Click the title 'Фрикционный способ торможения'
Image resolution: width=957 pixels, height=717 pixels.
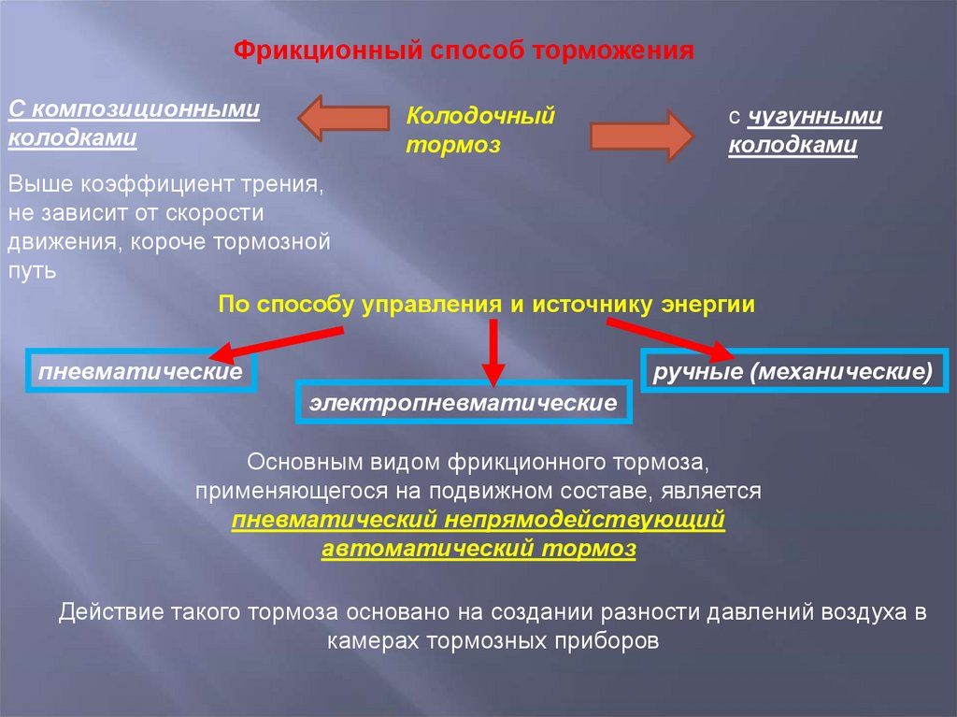click(x=464, y=50)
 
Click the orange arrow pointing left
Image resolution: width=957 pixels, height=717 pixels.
click(x=342, y=118)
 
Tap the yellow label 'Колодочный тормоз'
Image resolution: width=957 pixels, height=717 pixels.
click(x=480, y=130)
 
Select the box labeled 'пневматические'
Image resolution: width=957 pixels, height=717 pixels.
click(x=140, y=372)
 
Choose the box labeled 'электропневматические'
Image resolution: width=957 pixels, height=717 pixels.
click(x=464, y=404)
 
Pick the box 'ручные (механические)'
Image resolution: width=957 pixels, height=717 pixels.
click(x=793, y=371)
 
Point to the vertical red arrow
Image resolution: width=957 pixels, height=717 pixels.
click(x=493, y=351)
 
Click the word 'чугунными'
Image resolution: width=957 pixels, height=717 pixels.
click(x=813, y=116)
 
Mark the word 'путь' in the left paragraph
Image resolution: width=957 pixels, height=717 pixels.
click(x=34, y=271)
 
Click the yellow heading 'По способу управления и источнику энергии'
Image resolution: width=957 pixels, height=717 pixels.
click(x=486, y=305)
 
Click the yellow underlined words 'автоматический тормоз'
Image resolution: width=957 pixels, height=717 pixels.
click(x=478, y=549)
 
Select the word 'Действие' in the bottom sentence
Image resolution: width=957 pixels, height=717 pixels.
click(x=110, y=613)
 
